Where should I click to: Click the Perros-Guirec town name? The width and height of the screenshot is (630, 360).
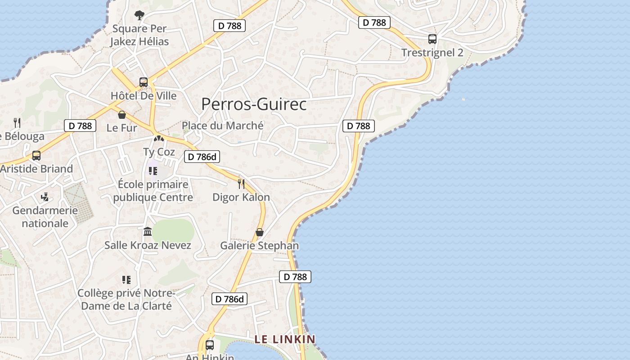254,104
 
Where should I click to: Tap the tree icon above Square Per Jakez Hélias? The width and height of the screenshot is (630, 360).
139,15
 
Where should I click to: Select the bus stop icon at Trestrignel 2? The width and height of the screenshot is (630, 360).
432,39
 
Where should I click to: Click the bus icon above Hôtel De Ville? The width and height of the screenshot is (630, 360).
144,82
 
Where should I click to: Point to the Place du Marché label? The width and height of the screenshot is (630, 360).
223,126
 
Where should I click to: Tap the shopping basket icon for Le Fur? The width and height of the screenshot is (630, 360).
122,115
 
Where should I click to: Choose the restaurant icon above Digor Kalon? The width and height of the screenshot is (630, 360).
241,184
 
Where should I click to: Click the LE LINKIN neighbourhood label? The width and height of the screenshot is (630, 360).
285,339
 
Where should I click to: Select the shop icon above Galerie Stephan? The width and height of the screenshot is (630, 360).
260,232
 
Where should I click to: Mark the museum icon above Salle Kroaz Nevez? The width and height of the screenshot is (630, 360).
148,232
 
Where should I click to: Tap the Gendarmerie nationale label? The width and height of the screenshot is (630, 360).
45,216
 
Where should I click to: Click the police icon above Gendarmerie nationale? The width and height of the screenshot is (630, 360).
45,197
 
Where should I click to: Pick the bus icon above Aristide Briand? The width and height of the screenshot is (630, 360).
36,156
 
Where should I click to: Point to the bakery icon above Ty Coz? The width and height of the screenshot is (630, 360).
158,139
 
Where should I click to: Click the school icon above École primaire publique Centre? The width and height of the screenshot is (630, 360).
153,171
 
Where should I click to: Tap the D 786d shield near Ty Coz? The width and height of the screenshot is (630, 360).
202,157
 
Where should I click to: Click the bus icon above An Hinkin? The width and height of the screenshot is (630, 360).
210,345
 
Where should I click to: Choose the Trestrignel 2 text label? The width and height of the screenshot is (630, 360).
432,53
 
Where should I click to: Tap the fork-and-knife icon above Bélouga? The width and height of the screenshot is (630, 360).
17,122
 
